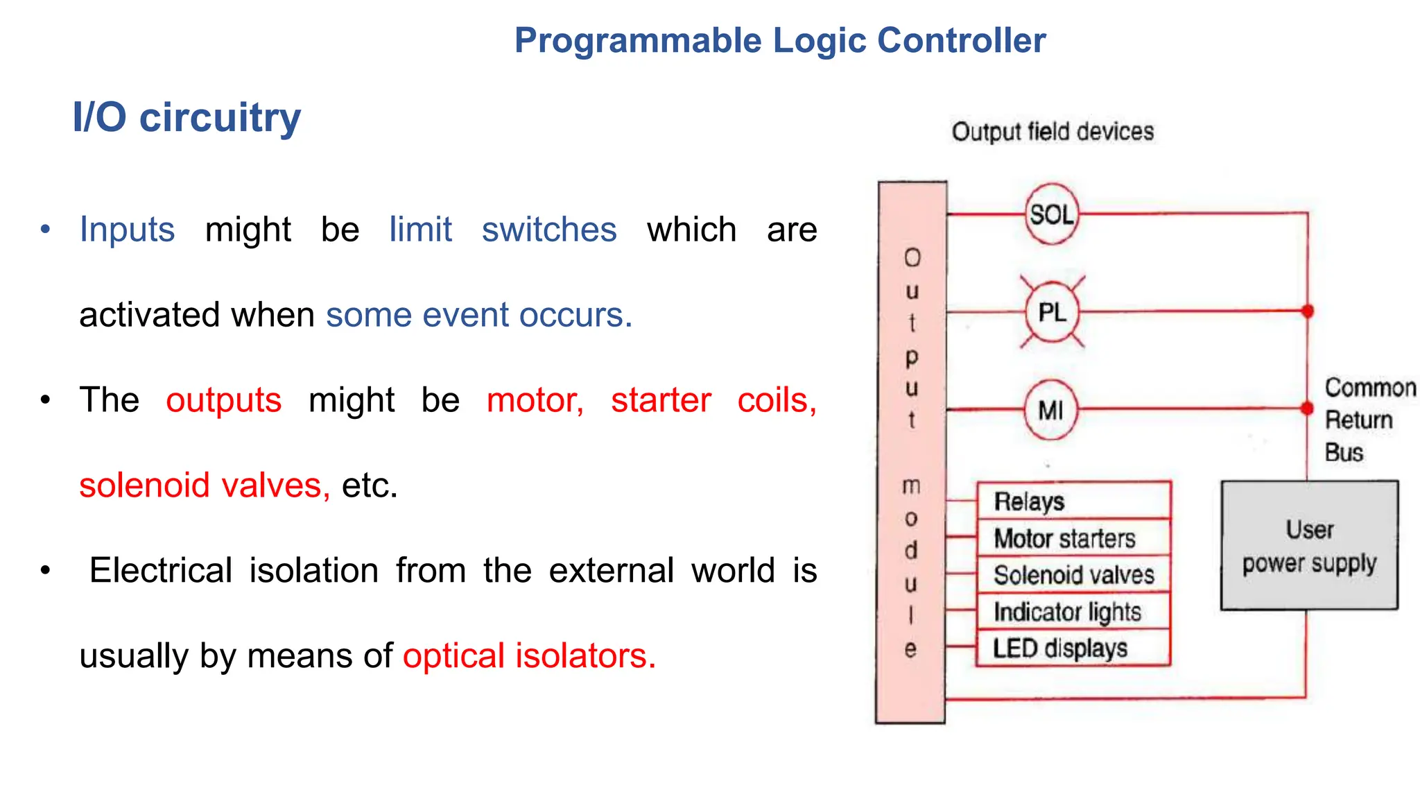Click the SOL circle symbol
1051,214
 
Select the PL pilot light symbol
1052,312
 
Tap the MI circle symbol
1051,410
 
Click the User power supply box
1309,546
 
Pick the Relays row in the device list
1073,501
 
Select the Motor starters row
1073,538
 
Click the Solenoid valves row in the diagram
1073,575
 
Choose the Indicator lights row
1073,612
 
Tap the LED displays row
1073,648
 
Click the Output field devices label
1053,132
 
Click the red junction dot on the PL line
1308,311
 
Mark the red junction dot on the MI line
1307,409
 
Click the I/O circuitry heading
187,117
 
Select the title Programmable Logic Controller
780,40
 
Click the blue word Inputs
127,230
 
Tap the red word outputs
223,400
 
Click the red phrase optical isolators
529,656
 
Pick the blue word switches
549,230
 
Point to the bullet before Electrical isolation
46,571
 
